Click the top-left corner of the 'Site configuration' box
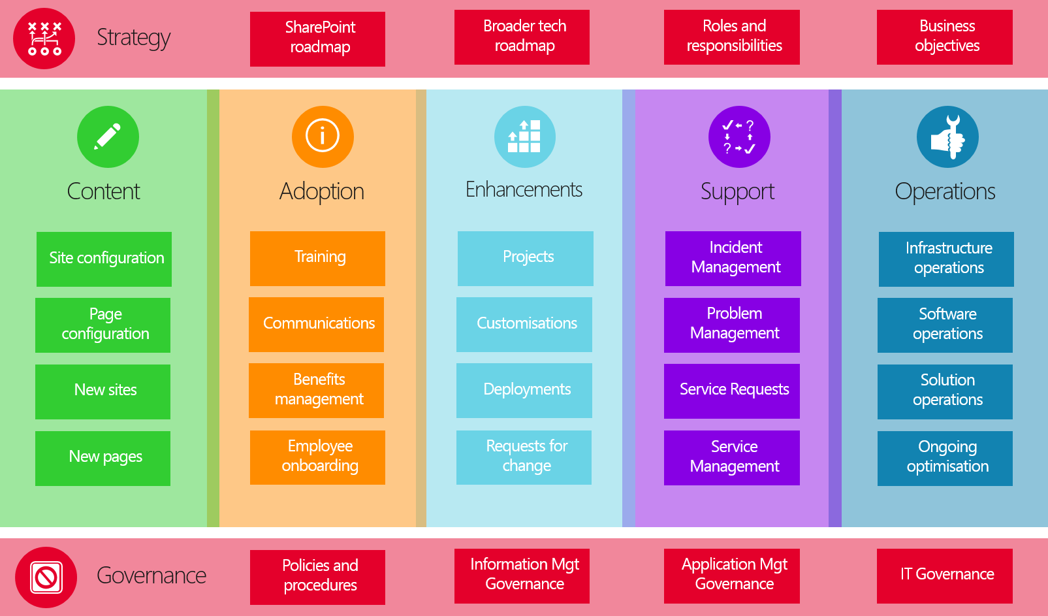(x=37, y=232)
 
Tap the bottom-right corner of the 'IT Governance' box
(x=1013, y=604)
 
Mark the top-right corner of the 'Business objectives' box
(x=1013, y=10)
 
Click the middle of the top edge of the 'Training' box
(x=317, y=231)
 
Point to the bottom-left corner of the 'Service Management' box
(x=664, y=485)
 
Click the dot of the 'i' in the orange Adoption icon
(x=323, y=125)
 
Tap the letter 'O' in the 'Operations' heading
(x=904, y=191)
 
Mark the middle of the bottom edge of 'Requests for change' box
(x=524, y=485)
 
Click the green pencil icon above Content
(x=108, y=137)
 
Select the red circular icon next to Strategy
(x=44, y=39)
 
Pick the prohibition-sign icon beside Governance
(x=46, y=577)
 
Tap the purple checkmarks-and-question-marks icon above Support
(x=739, y=137)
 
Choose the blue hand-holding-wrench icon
(x=947, y=137)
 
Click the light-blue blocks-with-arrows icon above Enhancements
(x=525, y=137)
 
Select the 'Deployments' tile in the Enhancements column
(x=524, y=391)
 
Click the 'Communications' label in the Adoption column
(x=319, y=323)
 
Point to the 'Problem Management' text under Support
(x=735, y=323)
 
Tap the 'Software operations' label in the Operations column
(x=947, y=323)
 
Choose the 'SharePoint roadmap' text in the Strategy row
(x=321, y=37)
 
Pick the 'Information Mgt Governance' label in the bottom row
(x=524, y=574)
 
